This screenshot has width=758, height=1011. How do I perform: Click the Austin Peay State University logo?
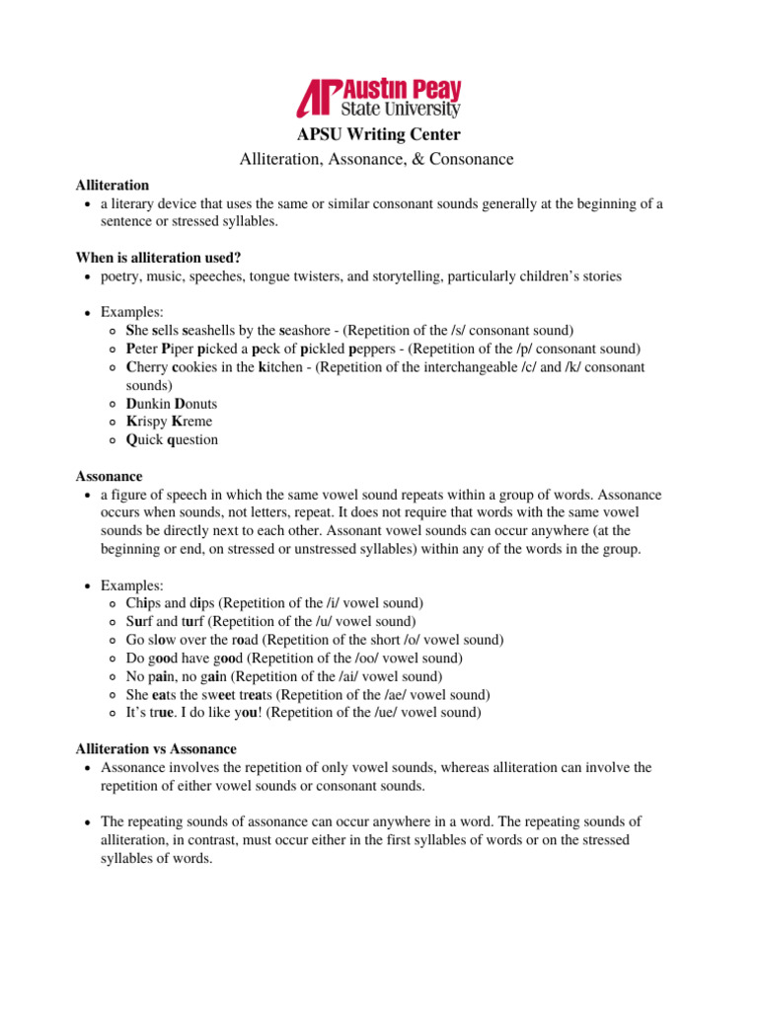tap(379, 98)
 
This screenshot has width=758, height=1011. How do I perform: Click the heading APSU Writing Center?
tap(379, 134)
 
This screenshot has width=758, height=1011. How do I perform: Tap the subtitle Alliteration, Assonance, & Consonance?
tap(378, 158)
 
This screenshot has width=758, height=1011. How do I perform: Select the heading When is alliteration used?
tap(159, 258)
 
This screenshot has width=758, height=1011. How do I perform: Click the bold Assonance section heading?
tap(110, 476)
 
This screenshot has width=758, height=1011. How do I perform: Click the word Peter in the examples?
tap(145, 349)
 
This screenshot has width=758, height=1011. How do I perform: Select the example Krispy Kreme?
tap(169, 422)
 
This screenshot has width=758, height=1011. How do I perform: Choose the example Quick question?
tap(173, 439)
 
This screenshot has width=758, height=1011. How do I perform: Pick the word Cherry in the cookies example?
tap(148, 366)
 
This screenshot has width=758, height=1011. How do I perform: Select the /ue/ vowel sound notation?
tap(395, 712)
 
